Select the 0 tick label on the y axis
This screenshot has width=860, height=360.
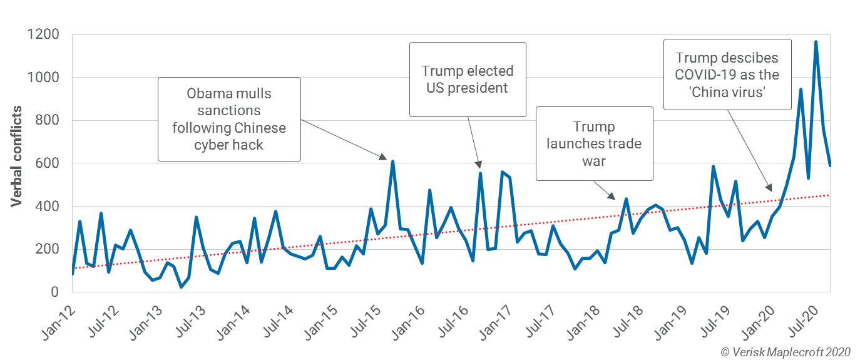(x=55, y=292)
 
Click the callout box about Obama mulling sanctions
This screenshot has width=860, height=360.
(x=229, y=120)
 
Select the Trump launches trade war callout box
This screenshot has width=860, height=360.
(x=594, y=143)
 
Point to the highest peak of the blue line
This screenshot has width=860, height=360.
(x=816, y=42)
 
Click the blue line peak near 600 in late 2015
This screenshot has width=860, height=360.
(x=392, y=162)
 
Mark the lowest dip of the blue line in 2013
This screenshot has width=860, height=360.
(x=181, y=287)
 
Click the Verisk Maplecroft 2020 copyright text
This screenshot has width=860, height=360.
(x=786, y=352)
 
